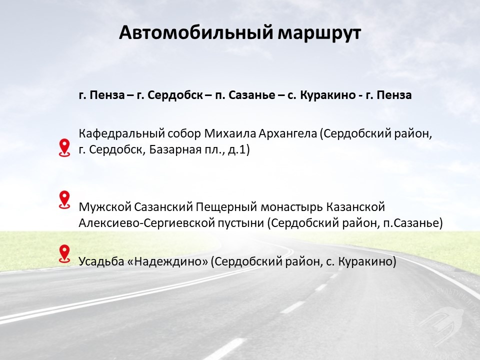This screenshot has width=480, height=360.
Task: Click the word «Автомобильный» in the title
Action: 195,32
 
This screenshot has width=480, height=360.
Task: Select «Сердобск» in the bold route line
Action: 175,95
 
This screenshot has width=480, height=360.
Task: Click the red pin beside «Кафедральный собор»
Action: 64,147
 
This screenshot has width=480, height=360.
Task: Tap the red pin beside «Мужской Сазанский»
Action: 64,200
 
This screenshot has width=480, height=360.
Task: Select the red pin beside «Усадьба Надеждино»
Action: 64,254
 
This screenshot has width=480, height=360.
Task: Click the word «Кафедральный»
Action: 121,134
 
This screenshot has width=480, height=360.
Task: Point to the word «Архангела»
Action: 288,134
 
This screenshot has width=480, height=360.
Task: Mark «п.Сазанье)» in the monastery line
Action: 413,223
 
